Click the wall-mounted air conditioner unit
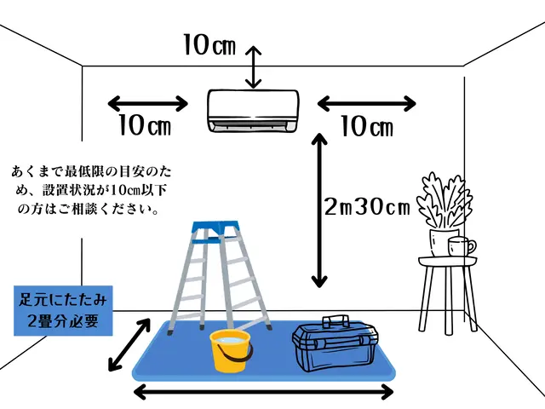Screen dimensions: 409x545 (253, 111)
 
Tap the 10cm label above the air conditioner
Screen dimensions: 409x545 (209, 44)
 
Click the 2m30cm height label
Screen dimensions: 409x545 (367, 207)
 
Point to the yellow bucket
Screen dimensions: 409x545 (231, 351)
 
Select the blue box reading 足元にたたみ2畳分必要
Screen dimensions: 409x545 (63, 311)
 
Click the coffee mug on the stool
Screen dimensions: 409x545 (461, 246)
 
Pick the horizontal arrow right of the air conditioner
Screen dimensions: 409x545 (367, 104)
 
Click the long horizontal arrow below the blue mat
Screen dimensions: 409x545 (265, 393)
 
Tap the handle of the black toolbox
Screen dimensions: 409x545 (336, 321)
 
